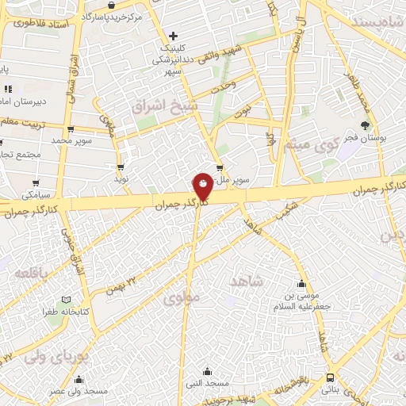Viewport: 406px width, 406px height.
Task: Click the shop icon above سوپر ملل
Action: pyautogui.click(x=220, y=167)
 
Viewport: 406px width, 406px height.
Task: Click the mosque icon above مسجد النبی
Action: pyautogui.click(x=207, y=370)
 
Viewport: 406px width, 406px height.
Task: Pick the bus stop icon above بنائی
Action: pyautogui.click(x=330, y=378)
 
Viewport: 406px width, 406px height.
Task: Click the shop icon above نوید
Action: pyautogui.click(x=121, y=167)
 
